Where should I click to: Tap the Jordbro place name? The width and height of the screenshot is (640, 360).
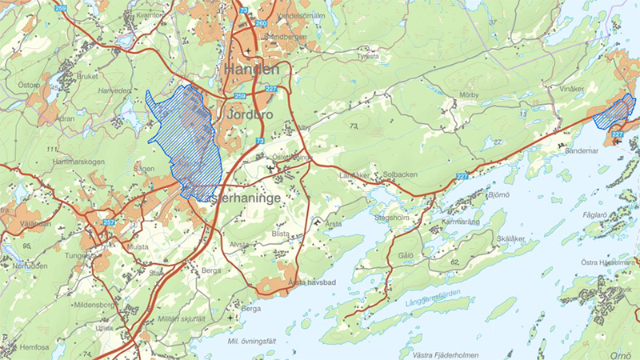pos(250,115)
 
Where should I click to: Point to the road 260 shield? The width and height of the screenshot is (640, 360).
pos(260,23)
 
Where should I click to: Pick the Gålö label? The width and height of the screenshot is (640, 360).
pos(406,256)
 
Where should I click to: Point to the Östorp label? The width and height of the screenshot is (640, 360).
pos(29,84)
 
